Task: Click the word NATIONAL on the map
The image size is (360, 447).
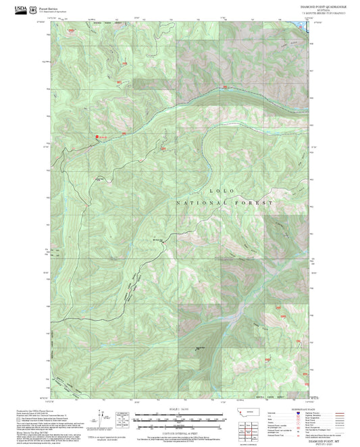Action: pyautogui.click(x=197, y=203)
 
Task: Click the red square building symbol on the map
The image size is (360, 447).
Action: pyautogui.click(x=97, y=136)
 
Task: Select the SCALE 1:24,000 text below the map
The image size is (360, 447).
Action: pyautogui.click(x=178, y=409)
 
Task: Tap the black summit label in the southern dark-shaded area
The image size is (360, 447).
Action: pyautogui.click(x=200, y=348)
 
